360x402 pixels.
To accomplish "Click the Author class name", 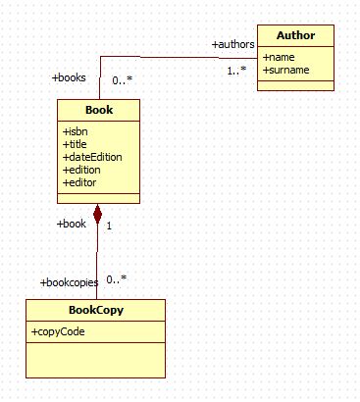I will click(x=295, y=36).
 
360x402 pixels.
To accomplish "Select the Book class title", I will click(x=98, y=110).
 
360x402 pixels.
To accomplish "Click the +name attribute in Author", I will click(x=280, y=57).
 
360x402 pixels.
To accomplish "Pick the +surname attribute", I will click(x=286, y=70).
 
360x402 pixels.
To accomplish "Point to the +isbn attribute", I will click(x=77, y=131).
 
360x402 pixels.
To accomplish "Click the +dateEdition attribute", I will click(x=92, y=157).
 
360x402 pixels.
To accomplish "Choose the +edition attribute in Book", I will click(x=83, y=170).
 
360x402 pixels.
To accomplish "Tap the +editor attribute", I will click(x=81, y=182).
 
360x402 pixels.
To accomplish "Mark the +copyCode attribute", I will click(x=59, y=332).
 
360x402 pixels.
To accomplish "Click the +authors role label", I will click(x=233, y=44).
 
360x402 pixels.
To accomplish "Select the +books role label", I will click(x=69, y=76).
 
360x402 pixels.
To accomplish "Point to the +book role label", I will click(x=72, y=224).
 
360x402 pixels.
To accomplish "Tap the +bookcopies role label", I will click(x=69, y=282).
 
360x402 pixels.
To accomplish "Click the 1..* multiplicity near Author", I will click(x=236, y=71).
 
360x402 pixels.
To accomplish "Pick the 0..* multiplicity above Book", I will click(x=123, y=81).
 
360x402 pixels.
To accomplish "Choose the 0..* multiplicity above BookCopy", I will click(x=117, y=278).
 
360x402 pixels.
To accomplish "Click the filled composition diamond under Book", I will click(x=97, y=212).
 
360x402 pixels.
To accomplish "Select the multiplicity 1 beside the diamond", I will click(x=109, y=226).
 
